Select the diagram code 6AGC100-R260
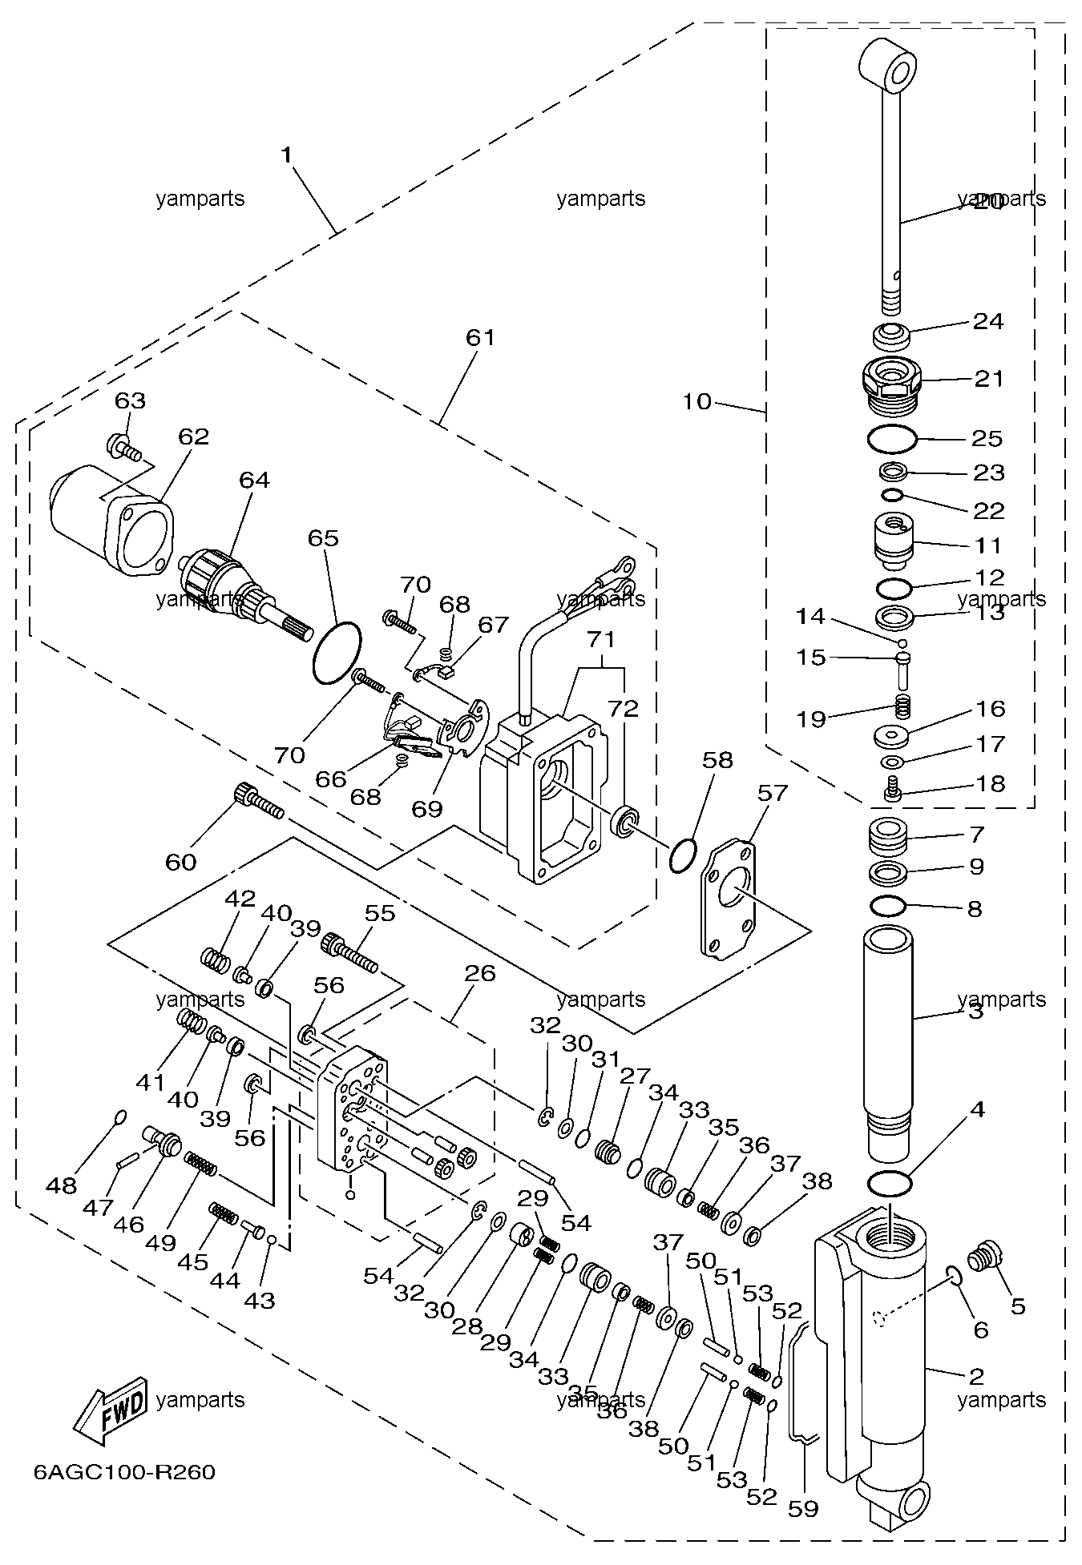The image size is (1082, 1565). click(x=124, y=1472)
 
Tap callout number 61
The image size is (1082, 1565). click(x=481, y=338)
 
